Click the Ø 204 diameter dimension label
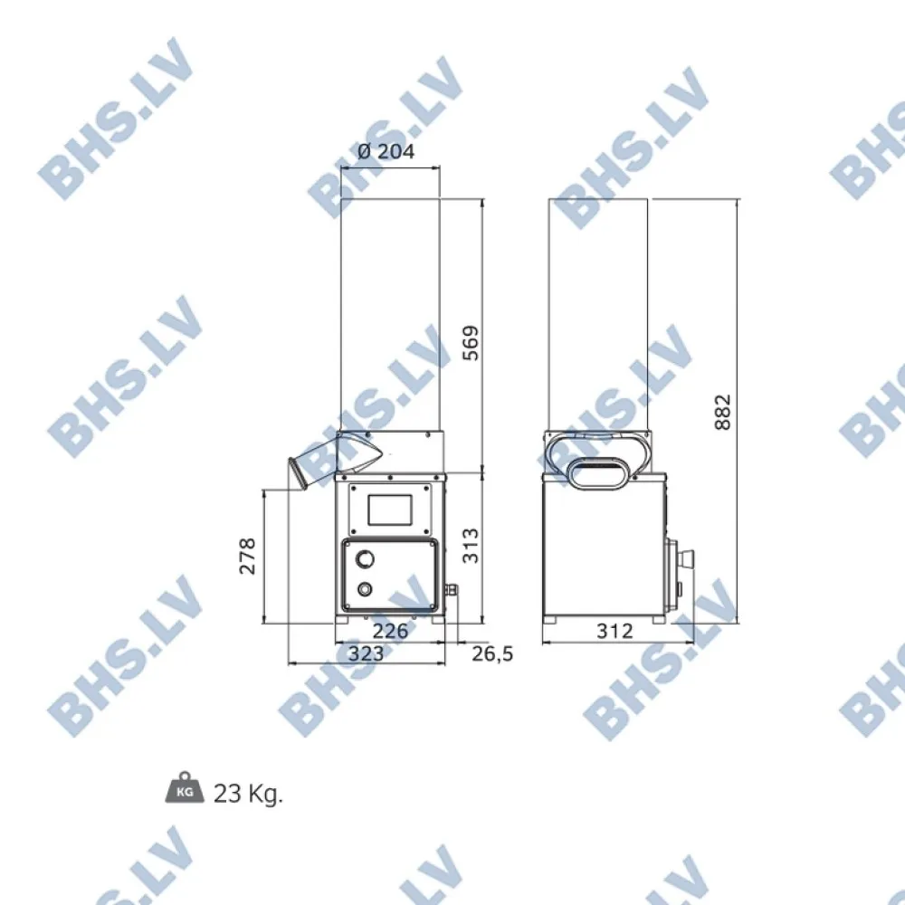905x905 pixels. (386, 152)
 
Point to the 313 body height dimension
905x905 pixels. (472, 546)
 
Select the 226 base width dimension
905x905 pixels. (390, 631)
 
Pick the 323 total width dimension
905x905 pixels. (366, 653)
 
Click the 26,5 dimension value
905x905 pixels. (492, 653)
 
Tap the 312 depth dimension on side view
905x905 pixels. (615, 631)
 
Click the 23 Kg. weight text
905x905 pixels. (248, 795)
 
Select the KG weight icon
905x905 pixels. (185, 788)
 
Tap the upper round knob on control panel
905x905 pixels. (365, 557)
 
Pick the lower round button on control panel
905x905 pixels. (365, 589)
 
